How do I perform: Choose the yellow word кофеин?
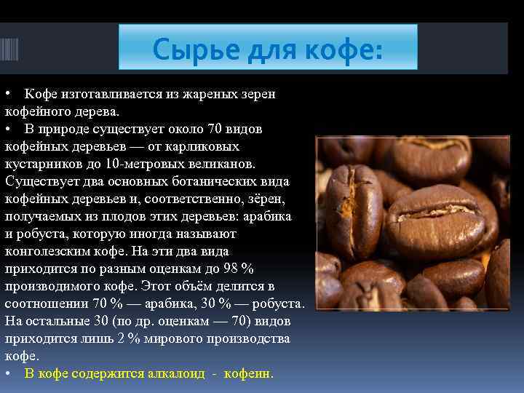pos(247,374)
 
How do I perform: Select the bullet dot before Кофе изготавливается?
pos(7,95)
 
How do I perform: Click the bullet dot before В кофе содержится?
pos(7,374)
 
